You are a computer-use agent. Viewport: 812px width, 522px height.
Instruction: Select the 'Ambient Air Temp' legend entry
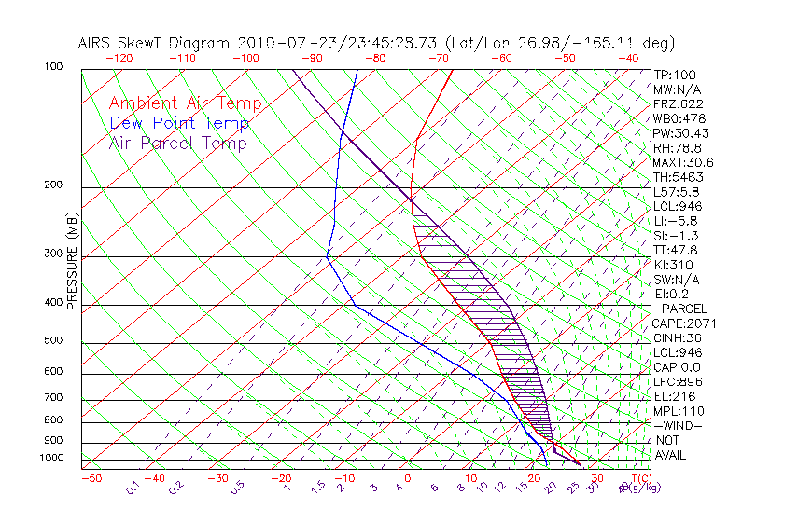185,103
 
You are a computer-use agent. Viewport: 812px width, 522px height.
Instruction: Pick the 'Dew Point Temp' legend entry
179,123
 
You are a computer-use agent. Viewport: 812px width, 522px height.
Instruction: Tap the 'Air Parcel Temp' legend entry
177,143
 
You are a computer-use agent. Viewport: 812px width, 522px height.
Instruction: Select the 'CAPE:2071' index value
683,323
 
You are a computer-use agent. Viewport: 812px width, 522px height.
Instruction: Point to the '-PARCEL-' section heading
684,309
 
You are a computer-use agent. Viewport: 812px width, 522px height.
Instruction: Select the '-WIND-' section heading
677,425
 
